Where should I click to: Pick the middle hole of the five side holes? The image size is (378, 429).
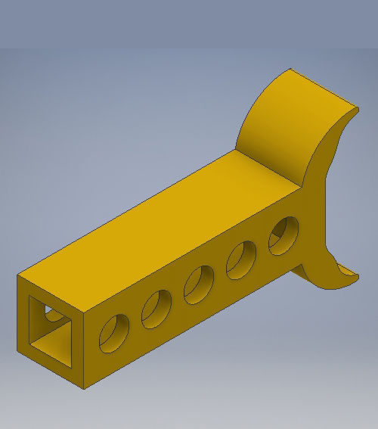[x=200, y=283]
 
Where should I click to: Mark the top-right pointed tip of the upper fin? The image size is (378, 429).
[x=356, y=108]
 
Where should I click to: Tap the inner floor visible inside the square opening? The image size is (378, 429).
[x=51, y=343]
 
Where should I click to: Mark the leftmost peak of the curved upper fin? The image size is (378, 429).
[x=290, y=71]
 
